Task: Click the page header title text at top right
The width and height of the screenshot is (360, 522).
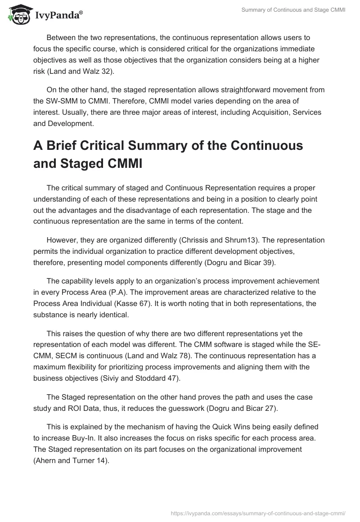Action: [x=293, y=10]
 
